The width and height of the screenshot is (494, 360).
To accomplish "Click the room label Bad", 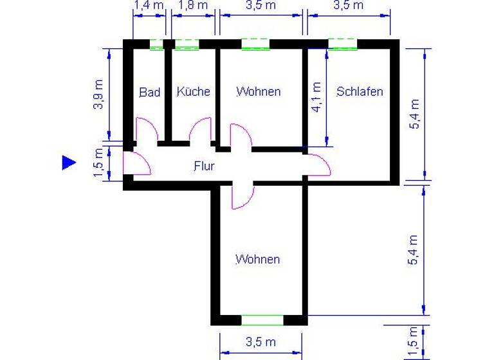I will pos(149,92).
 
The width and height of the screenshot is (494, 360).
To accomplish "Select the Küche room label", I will pos(193,92).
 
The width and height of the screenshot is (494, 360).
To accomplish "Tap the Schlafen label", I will pos(360,91).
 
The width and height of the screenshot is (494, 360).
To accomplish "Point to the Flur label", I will pos(204,166).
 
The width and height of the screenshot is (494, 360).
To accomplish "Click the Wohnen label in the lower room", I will pos(257,260).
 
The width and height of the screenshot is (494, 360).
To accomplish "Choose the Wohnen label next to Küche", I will pos(258,91).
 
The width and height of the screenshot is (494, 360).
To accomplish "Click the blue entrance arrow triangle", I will pos(69,163).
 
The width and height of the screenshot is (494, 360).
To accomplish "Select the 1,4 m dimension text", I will pos(149,6).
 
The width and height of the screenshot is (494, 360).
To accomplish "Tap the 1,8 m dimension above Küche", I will pos(193,6).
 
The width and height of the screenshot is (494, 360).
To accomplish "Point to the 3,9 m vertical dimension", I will pos(98,94).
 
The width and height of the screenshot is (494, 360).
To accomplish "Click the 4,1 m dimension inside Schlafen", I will pos(316,96).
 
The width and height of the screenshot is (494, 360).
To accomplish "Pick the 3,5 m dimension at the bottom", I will pos(261,342).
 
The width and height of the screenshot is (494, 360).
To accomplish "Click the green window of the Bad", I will pos(156,44).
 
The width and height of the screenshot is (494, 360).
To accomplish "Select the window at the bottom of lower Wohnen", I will pos(262,319).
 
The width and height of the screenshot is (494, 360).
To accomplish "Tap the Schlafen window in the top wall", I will pos(342,44).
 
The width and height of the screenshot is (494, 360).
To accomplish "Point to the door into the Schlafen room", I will pos(319,165).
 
